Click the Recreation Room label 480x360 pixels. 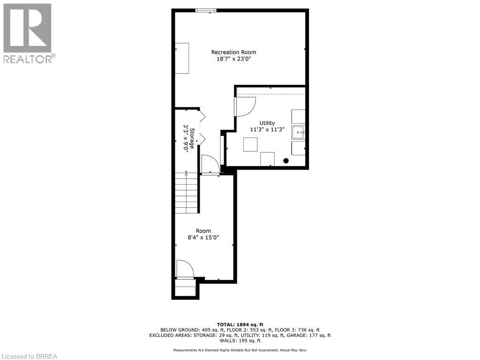[233, 52]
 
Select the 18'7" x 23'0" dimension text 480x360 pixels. [233, 59]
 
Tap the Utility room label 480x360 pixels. [267, 123]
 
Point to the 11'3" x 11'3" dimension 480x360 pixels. [267, 130]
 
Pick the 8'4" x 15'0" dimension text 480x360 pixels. [203, 238]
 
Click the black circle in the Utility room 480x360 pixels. [285, 161]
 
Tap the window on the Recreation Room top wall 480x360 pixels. [206, 10]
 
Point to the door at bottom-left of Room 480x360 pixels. [184, 270]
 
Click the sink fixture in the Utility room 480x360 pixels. [298, 133]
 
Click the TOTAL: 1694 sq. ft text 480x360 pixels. [240, 324]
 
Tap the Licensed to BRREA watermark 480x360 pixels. [29, 356]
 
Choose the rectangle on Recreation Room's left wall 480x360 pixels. [182, 58]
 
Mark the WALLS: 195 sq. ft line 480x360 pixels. [240, 341]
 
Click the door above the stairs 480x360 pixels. [210, 165]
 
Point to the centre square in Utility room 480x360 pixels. [250, 144]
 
